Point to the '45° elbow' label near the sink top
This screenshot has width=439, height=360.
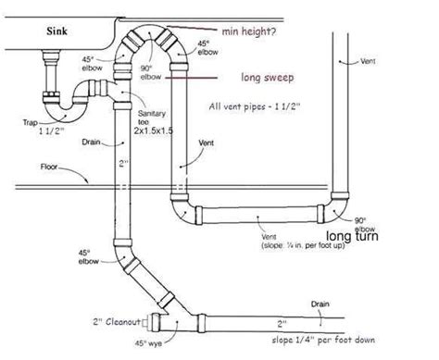tap(104, 54)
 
